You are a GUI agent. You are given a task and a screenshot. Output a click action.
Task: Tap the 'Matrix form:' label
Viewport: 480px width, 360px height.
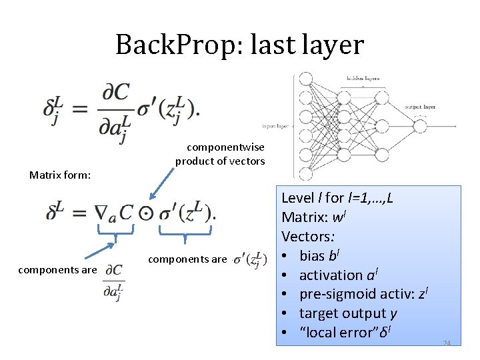coord(60,175)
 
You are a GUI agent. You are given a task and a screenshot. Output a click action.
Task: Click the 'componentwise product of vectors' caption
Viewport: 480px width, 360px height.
coord(220,153)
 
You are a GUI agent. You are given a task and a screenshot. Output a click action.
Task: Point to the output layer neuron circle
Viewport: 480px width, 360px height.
coord(419,125)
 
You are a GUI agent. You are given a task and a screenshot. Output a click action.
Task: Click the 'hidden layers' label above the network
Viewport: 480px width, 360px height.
coord(362,78)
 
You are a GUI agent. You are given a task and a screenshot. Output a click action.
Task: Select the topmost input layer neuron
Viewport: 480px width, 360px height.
coord(306,79)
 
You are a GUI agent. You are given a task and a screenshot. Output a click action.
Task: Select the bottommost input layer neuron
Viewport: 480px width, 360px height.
coord(306,175)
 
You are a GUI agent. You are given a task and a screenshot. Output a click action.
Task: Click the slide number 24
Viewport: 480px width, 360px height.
coord(447,343)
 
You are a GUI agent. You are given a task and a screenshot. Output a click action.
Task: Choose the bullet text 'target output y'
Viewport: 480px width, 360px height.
coord(343,313)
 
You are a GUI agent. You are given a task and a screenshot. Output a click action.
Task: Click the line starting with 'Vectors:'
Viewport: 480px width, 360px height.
coord(308,237)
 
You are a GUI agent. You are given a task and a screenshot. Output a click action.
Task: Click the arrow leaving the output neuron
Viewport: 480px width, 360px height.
coord(443,125)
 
